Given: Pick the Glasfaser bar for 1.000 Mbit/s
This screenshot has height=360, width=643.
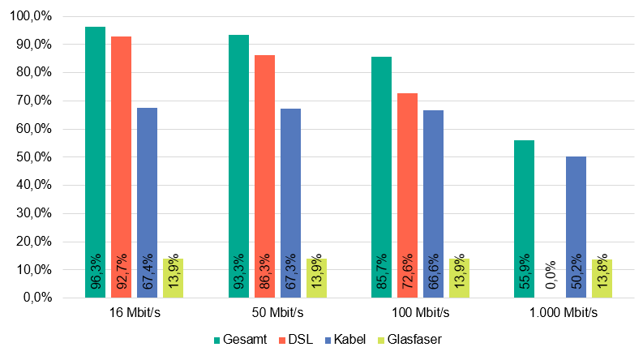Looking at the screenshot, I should (x=602, y=278).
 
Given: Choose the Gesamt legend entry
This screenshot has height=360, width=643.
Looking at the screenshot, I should (x=237, y=339).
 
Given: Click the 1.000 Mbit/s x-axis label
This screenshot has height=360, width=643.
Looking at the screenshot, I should (x=564, y=312).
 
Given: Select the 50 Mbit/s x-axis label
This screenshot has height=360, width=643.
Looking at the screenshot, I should (x=277, y=312).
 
